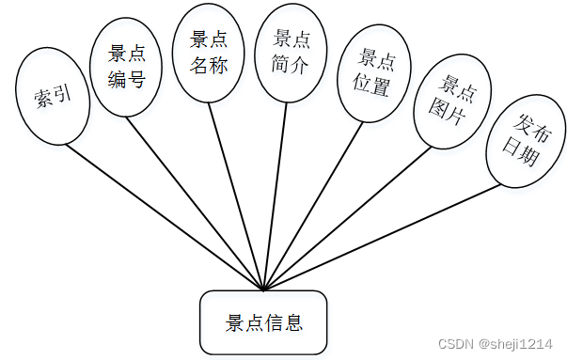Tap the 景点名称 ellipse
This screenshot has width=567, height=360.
pos(210,54)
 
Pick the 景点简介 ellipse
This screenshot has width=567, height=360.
pos(292,53)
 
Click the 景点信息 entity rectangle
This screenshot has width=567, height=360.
pos(263,323)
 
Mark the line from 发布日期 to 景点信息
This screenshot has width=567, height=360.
pos(381,237)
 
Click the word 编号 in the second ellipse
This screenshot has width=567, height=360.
pos(127,80)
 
